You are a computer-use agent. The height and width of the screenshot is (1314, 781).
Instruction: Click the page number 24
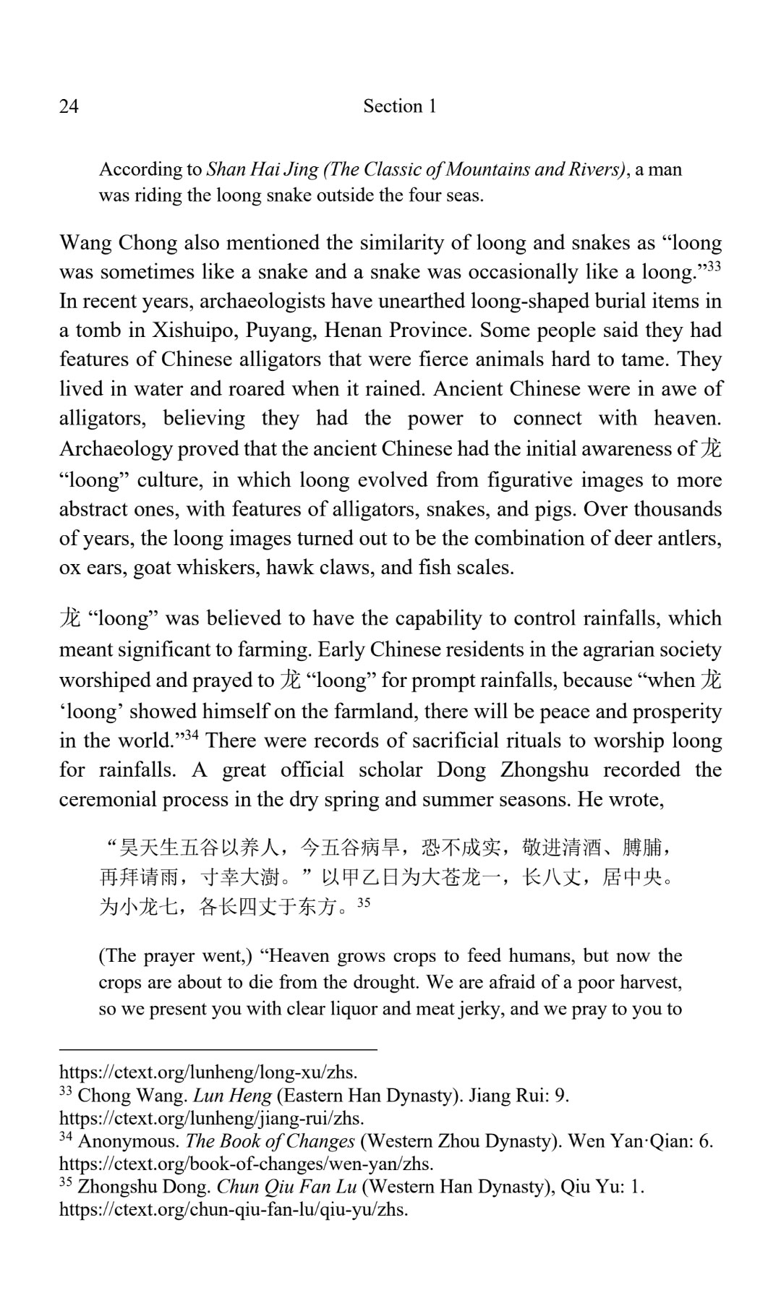tap(69, 107)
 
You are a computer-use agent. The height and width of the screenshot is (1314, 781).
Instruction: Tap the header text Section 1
tap(399, 106)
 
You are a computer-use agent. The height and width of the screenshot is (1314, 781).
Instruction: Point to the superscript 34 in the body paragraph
tap(191, 735)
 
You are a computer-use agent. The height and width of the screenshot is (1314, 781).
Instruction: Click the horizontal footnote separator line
tap(218, 1048)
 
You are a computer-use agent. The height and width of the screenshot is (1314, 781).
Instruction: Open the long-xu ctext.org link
tap(208, 1071)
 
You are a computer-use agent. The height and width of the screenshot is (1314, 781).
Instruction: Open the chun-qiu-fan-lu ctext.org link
tap(234, 1209)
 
